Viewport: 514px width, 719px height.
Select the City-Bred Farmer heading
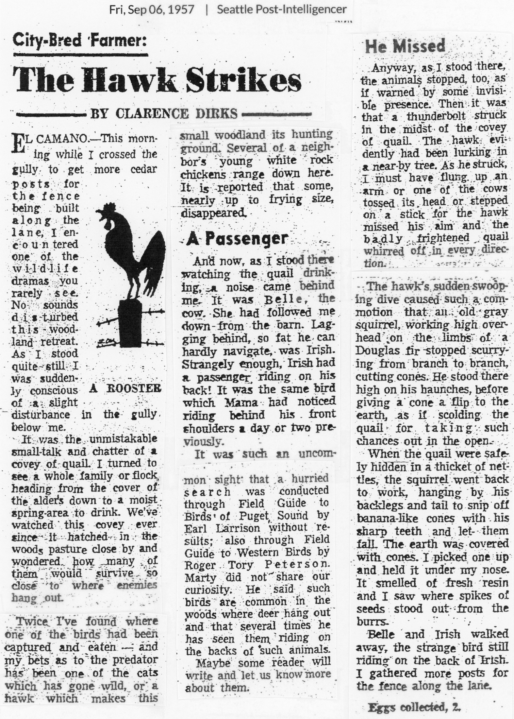pyautogui.click(x=79, y=42)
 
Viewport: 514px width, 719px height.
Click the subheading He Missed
pyautogui.click(x=405, y=46)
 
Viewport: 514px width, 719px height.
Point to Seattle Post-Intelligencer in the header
pyautogui.click(x=282, y=10)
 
